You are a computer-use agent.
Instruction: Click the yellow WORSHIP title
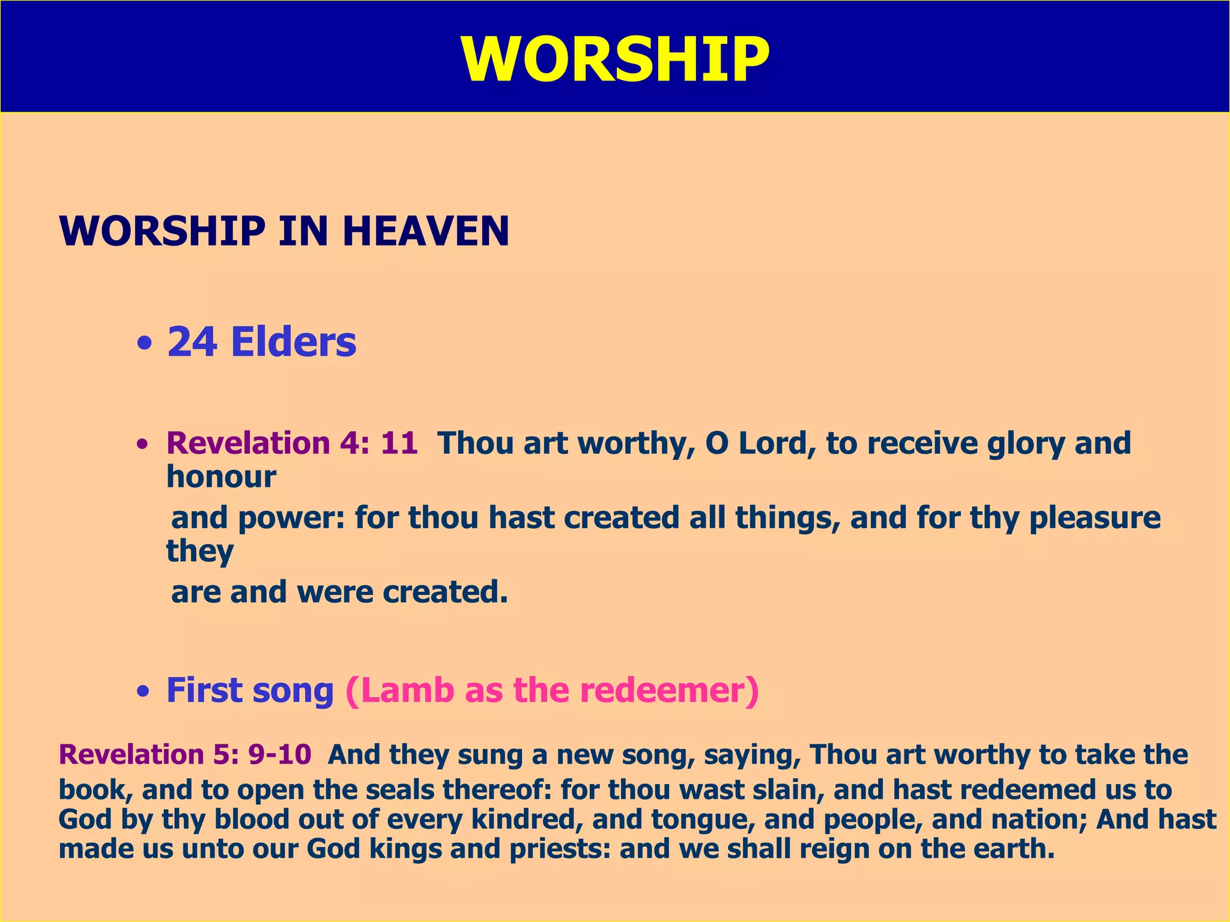click(x=615, y=59)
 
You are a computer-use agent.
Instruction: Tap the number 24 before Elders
click(x=192, y=342)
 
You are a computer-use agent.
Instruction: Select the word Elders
click(x=294, y=342)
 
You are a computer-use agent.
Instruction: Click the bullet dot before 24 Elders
click(x=144, y=345)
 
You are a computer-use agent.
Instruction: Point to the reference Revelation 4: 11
click(x=292, y=444)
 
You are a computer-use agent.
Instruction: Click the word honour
click(x=221, y=477)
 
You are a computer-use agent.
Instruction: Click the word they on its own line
click(x=200, y=552)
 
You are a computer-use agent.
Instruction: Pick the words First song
click(x=250, y=691)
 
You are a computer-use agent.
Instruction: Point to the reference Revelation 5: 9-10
click(x=185, y=755)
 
